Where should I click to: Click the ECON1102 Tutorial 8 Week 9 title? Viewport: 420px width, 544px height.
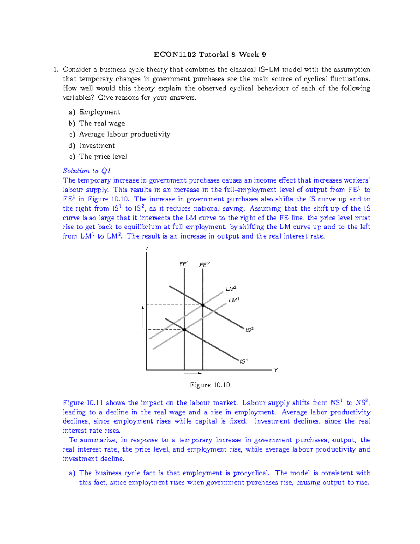210,54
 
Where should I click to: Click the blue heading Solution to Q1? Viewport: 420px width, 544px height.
87,171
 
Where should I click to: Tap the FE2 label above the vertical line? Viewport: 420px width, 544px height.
204,265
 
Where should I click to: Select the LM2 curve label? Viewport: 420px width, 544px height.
231,289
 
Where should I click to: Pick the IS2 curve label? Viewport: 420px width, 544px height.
249,330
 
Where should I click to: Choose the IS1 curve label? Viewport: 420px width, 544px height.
244,361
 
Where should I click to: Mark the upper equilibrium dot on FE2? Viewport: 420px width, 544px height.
203,305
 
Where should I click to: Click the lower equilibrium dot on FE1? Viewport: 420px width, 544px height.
184,330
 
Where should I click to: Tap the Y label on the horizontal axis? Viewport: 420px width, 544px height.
276,370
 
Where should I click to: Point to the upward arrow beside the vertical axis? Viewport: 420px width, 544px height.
143,317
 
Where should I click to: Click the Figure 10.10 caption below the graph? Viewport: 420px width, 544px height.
210,385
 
